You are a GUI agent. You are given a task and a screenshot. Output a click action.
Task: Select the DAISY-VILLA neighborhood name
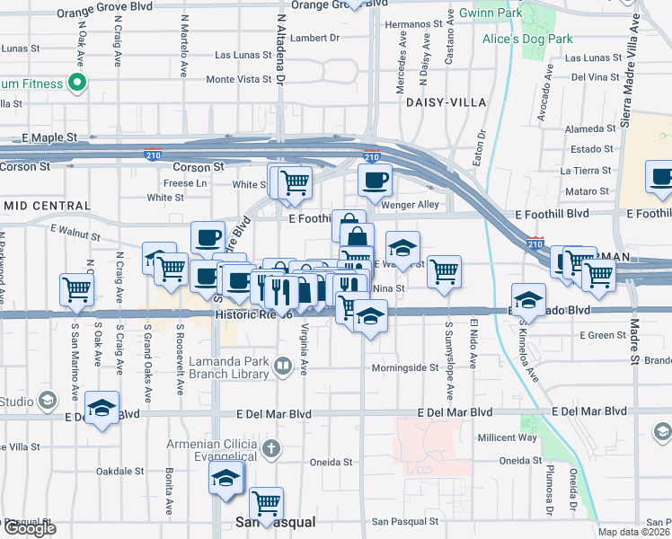tap(439, 102)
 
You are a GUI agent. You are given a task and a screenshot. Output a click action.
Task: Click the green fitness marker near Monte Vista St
tap(77, 84)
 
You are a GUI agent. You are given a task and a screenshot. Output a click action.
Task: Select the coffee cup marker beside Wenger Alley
tap(375, 180)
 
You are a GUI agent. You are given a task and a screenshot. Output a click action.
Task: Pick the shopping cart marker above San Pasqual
tap(267, 502)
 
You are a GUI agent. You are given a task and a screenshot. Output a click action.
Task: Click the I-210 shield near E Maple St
tap(153, 155)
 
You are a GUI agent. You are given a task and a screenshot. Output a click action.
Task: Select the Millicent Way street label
tap(508, 438)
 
